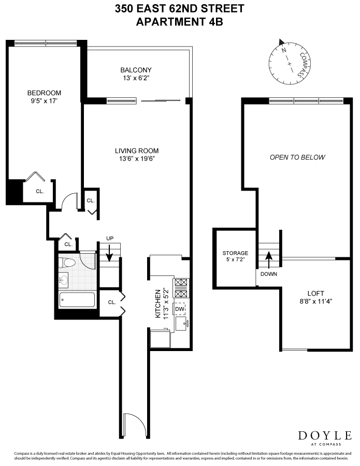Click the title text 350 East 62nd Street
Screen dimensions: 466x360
[x=179, y=9]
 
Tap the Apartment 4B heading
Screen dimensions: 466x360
[x=179, y=22]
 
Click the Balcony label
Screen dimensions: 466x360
[x=136, y=70]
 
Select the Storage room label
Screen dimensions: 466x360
[x=235, y=253]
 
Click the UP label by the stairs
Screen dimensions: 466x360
[x=109, y=238]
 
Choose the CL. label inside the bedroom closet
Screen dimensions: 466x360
[x=40, y=191]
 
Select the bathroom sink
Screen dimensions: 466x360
[x=63, y=280]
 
